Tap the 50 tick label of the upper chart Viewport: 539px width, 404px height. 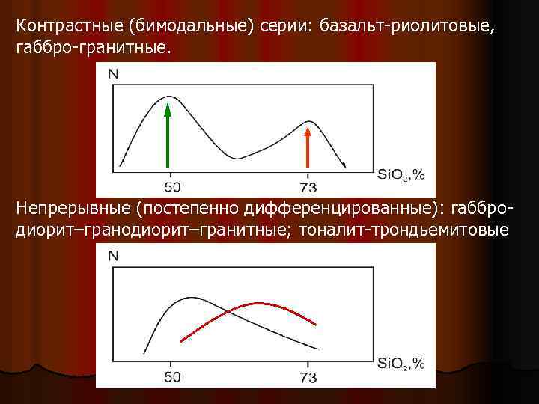[171, 186]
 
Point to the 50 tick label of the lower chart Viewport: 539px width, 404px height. [171, 376]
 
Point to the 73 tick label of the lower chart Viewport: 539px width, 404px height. [308, 376]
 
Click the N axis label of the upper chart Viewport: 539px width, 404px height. [113, 73]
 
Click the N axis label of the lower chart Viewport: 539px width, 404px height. [113, 256]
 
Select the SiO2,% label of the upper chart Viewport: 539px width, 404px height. [401, 175]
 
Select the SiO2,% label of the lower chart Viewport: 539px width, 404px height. [401, 364]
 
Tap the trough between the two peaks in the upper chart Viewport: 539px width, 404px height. [237, 158]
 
